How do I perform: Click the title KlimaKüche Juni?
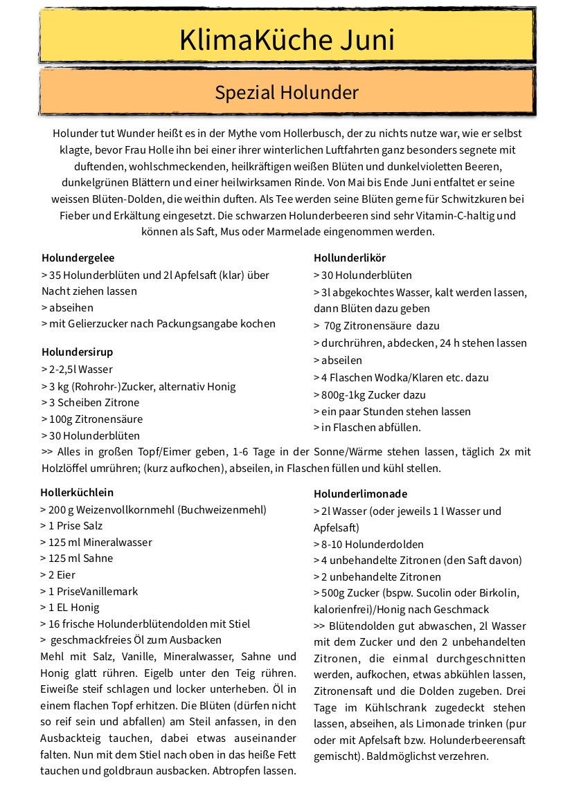[287, 39]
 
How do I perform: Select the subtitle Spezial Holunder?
[287, 93]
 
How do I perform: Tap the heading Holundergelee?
[78, 258]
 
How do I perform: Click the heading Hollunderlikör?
[350, 258]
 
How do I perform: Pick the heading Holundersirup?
[77, 352]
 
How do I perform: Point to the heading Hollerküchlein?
[77, 493]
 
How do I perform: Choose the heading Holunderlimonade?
[360, 494]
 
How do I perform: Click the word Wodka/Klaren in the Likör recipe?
[406, 378]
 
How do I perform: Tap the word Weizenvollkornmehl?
[127, 510]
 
